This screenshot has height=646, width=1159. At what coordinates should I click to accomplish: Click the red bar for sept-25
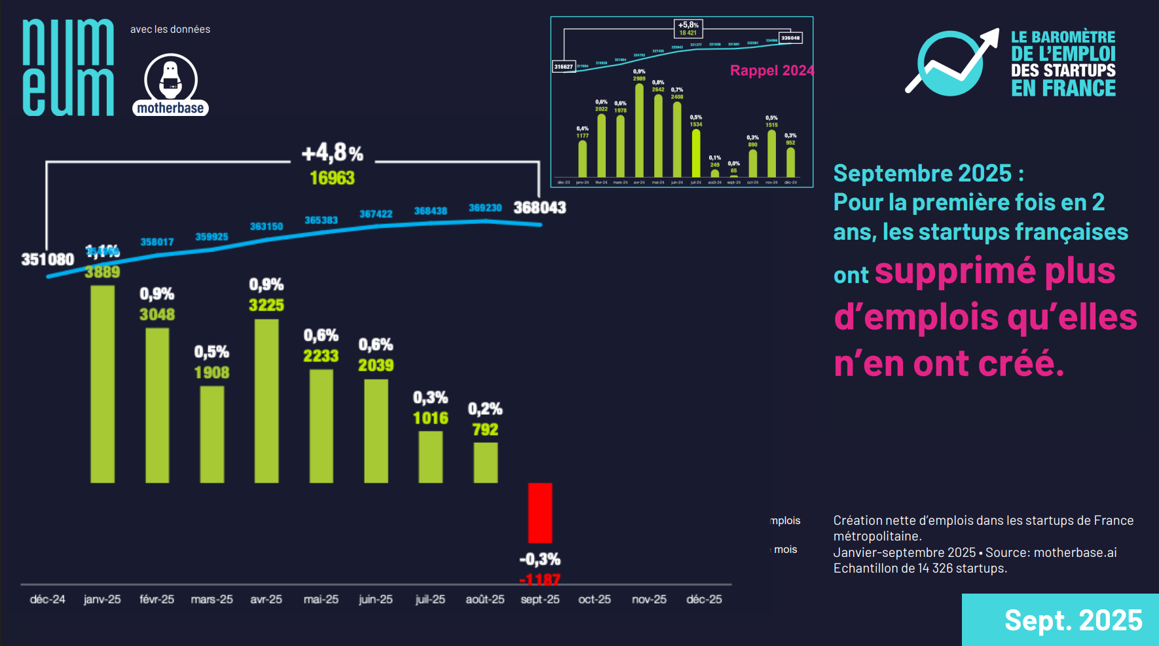(x=540, y=512)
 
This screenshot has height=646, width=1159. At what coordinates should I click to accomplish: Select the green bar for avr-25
(x=267, y=401)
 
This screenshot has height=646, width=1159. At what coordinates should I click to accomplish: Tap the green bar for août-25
(x=485, y=463)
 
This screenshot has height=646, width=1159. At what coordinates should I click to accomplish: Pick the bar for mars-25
(x=212, y=434)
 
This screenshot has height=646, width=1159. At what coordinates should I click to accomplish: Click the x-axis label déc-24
(x=48, y=599)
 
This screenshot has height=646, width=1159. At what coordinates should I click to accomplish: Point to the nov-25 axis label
(x=649, y=599)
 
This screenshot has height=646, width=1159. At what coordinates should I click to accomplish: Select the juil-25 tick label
(x=430, y=599)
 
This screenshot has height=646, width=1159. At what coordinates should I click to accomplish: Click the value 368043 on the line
(x=540, y=208)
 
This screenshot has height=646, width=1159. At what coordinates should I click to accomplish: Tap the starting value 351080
(x=48, y=259)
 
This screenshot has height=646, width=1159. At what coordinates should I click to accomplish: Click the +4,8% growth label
(x=332, y=153)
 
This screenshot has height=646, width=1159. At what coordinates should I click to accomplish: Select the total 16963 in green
(x=332, y=178)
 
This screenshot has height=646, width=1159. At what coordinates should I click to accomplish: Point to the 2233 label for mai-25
(x=321, y=356)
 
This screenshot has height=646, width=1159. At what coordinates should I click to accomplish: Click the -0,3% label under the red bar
(x=540, y=560)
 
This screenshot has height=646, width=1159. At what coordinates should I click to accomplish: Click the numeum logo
(x=68, y=67)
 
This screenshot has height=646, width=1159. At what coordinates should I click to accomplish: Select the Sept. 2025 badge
(x=1073, y=620)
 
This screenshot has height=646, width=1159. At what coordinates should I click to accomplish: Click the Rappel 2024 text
(x=772, y=71)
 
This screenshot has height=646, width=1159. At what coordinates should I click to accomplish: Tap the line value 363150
(x=267, y=227)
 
